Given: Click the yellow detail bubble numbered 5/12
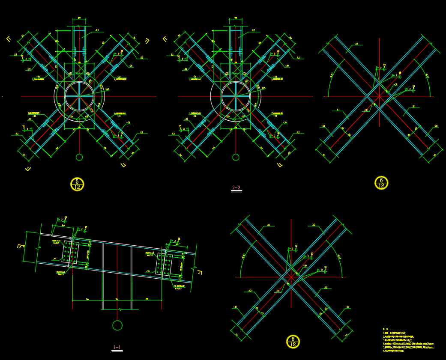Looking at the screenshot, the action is tap(77, 184).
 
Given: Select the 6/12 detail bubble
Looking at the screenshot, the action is tap(381, 183).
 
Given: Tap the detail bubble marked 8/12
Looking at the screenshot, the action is tap(293, 342).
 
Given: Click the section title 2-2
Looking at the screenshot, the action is tap(236, 187).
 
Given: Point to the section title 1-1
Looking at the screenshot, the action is tap(117, 347).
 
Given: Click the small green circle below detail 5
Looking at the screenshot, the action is tap(79, 157).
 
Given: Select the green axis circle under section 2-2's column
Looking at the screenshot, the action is tap(236, 157).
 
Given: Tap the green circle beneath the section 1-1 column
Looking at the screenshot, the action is tap(117, 325).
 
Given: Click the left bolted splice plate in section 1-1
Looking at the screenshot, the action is tap(70, 252).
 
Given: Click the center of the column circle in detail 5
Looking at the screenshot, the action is tap(79, 96).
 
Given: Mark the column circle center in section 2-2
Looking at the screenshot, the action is tap(236, 96).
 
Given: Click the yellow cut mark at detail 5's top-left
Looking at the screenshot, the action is tap(9, 39).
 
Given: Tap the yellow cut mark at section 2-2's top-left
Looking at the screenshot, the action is tap(165, 39).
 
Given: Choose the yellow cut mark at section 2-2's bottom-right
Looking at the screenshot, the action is tap(280, 165).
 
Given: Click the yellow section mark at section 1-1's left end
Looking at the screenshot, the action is tap(20, 247).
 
